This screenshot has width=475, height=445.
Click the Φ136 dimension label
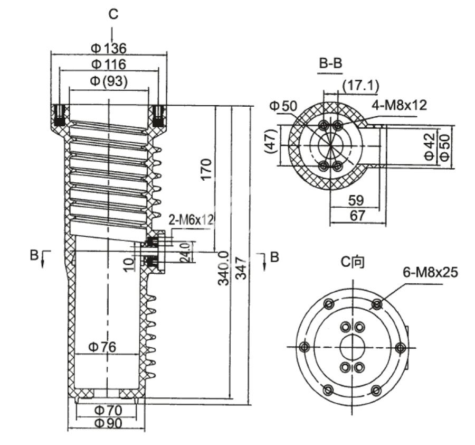108,49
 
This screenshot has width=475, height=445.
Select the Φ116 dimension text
108,64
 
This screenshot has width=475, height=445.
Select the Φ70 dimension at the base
108,410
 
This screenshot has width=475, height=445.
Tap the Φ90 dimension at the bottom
108,423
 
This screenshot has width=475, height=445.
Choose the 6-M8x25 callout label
431,272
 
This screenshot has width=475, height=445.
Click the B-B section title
331,64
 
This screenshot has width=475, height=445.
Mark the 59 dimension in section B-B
357,200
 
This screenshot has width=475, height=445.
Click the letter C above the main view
113,14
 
